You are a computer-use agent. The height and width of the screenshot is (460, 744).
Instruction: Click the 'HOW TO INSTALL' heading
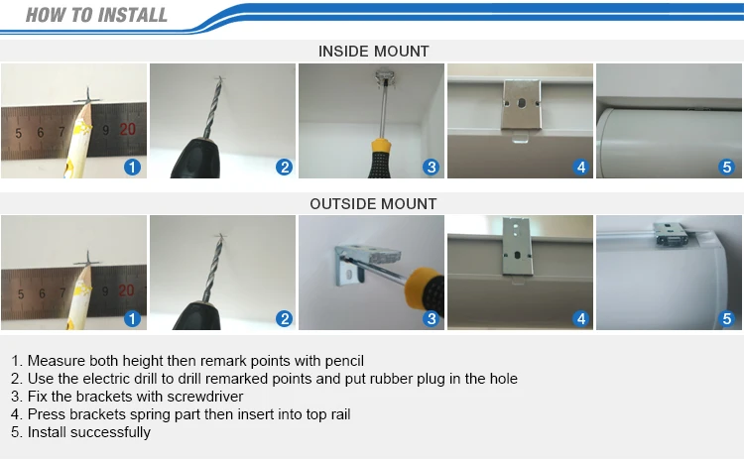pos(96,15)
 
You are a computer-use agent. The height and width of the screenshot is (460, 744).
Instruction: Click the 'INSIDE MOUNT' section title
pos(373,52)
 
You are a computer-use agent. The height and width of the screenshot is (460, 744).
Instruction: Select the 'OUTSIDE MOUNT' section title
pos(373,204)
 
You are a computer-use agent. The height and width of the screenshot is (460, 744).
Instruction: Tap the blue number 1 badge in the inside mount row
pos(132,167)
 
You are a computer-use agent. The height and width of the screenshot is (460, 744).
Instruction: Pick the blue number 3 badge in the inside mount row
pos(431,167)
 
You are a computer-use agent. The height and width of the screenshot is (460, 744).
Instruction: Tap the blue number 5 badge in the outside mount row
pos(726,318)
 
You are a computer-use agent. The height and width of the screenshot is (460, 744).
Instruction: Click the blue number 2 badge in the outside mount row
pos(285,318)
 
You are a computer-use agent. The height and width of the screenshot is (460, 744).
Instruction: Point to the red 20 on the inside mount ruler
pos(127,129)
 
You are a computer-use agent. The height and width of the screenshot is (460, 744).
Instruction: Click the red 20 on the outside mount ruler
pos(126,290)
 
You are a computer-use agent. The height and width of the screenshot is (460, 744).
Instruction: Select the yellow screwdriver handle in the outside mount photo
pos(424,288)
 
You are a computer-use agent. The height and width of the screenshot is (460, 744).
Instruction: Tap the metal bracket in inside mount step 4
pos(521,104)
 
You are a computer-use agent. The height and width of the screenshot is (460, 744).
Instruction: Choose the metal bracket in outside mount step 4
pos(517,247)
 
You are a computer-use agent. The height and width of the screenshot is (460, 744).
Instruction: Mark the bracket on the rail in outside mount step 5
pos(671,236)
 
